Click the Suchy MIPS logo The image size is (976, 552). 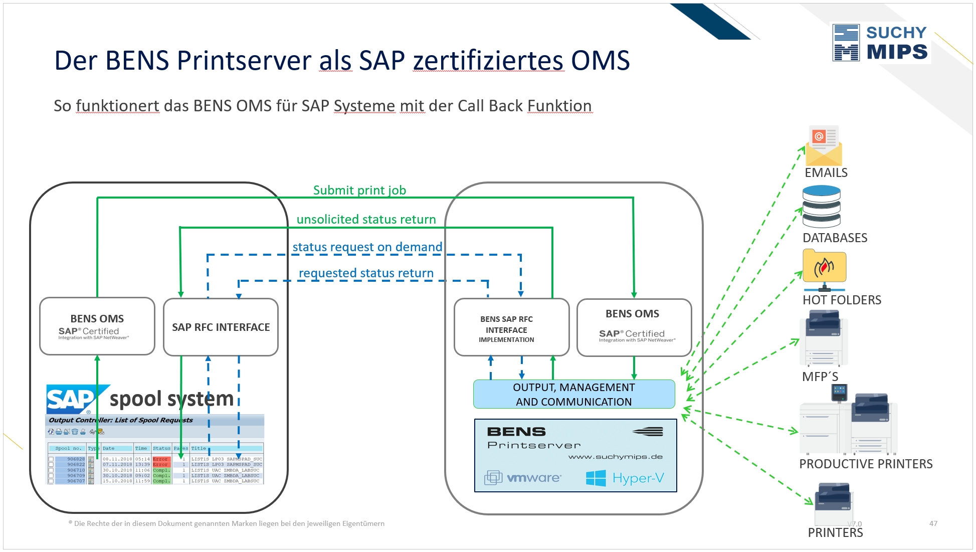coord(881,43)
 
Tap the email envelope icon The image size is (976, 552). coord(824,146)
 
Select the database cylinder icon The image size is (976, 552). coord(821,207)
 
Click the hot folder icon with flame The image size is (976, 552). coord(824,267)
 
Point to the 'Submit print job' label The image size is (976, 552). coord(359,191)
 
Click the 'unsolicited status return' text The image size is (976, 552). coord(366,220)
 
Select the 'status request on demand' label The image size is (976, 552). coord(367,247)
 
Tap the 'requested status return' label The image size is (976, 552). coord(366,273)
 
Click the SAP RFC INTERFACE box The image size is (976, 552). coord(221,327)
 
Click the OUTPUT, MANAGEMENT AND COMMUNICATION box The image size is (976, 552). coord(573,395)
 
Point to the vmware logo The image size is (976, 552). coord(523,478)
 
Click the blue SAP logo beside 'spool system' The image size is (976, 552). coord(72,400)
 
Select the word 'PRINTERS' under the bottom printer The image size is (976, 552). coord(835,533)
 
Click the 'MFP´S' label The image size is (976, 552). coord(820,377)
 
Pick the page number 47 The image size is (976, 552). coord(933,523)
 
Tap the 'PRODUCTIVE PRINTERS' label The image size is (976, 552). coord(866,464)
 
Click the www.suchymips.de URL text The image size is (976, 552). coord(615,457)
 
